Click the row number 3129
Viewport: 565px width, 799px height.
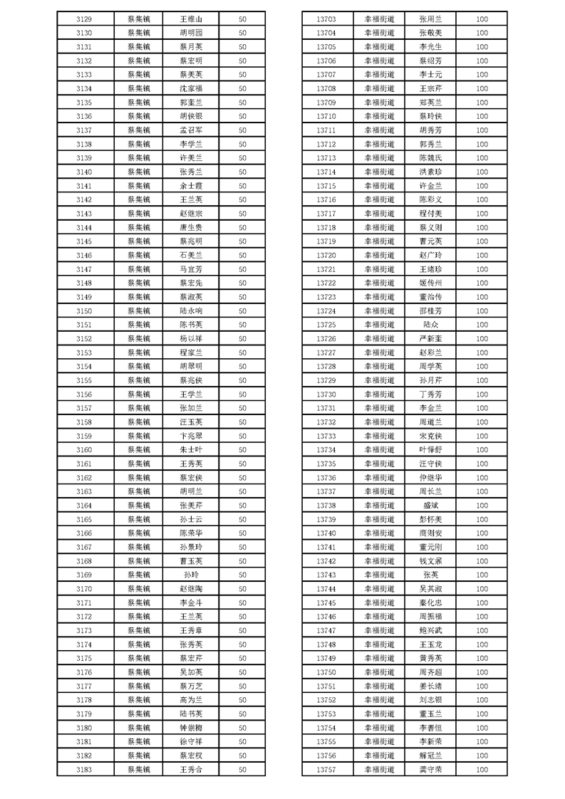[83, 19]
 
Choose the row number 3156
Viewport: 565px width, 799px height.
[83, 394]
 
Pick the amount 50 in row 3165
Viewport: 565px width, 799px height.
[242, 519]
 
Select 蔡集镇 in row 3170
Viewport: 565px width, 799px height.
[139, 588]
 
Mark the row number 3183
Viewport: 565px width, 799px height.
[83, 769]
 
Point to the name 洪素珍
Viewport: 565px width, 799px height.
[431, 172]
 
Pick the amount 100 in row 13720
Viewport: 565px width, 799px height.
[482, 255]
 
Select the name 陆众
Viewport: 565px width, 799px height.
[431, 325]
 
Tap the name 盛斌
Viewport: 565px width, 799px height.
[431, 505]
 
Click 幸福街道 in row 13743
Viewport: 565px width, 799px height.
[379, 575]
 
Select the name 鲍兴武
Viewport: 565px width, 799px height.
[431, 630]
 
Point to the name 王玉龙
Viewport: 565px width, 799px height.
[431, 644]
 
